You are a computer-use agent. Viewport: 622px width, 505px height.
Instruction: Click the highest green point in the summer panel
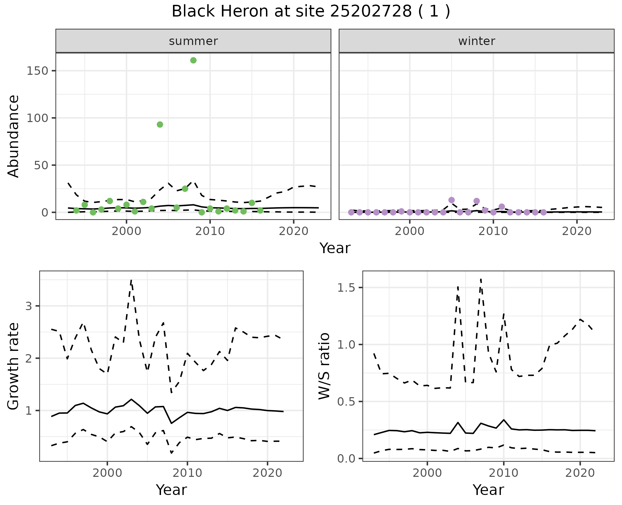click(x=193, y=61)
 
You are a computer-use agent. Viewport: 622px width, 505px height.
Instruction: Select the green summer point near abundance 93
click(x=160, y=125)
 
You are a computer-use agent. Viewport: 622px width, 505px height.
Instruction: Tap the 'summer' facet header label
click(x=193, y=41)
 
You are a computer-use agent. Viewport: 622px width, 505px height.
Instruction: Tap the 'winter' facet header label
click(x=477, y=41)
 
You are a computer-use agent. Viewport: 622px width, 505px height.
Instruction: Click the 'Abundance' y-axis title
click(x=14, y=136)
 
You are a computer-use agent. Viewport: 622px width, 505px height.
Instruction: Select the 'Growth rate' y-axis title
click(x=14, y=366)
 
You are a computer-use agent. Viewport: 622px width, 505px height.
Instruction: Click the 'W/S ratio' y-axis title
click(x=324, y=366)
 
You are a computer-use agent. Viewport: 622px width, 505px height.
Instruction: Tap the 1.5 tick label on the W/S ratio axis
click(x=347, y=288)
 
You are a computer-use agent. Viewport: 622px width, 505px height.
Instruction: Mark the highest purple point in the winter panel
click(x=452, y=200)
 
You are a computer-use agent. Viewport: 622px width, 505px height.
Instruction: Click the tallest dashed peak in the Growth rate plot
click(x=131, y=280)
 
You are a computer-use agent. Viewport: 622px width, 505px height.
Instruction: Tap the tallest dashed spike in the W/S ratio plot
click(x=481, y=279)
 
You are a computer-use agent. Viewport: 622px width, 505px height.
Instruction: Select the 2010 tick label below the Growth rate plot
click(x=187, y=473)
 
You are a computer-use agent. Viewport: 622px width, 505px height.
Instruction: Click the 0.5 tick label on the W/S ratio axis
click(x=347, y=402)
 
